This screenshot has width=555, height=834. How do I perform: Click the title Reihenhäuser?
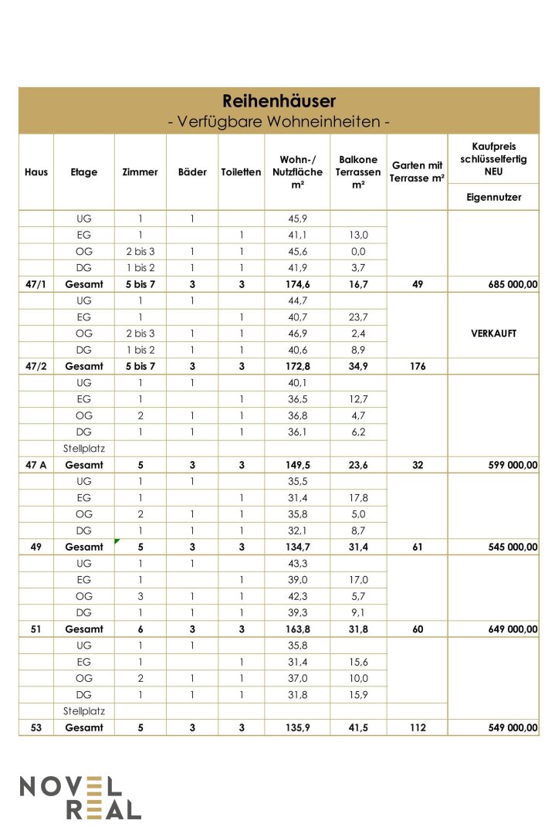tap(279, 101)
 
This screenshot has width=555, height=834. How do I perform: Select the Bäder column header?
tap(192, 172)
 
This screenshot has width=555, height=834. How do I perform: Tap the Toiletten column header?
tap(241, 172)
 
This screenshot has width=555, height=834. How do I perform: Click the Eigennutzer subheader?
tap(493, 197)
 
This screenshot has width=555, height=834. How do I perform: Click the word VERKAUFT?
tap(493, 334)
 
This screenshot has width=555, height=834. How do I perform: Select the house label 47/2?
tap(36, 366)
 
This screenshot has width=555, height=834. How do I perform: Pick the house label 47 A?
tap(36, 465)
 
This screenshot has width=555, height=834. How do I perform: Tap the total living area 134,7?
tap(297, 547)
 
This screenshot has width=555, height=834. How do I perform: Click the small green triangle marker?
tap(117, 542)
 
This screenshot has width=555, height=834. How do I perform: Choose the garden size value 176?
tap(418, 366)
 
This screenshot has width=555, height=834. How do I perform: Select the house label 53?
tap(36, 727)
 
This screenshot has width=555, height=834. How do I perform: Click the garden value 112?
tap(418, 727)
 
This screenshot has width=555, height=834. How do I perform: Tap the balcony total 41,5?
tap(357, 727)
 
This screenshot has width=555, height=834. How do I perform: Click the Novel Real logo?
tap(80, 798)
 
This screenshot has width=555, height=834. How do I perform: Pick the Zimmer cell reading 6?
tap(140, 629)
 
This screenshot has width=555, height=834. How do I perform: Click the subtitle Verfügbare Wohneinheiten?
tap(279, 122)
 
